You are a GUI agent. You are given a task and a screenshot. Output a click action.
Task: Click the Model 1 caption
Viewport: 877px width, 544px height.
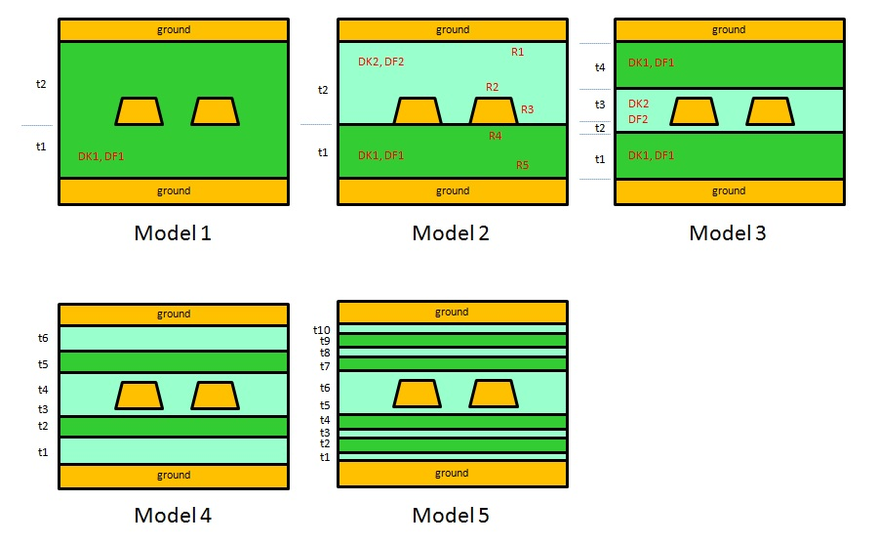pyautogui.click(x=173, y=232)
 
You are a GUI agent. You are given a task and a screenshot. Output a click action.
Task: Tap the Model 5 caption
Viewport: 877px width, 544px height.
pyautogui.click(x=451, y=515)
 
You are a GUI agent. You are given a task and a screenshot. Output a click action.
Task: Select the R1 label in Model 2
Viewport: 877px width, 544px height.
pyautogui.click(x=517, y=52)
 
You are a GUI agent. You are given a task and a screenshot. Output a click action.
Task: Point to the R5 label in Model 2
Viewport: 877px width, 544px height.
pyautogui.click(x=523, y=165)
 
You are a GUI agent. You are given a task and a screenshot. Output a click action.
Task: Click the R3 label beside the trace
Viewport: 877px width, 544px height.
pyautogui.click(x=528, y=109)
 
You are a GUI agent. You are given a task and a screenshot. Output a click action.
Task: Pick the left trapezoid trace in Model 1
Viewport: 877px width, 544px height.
pyautogui.click(x=139, y=111)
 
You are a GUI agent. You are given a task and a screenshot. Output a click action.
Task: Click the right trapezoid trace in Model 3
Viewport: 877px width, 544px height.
pyautogui.click(x=770, y=111)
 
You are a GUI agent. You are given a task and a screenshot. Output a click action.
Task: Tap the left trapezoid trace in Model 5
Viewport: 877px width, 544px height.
pyautogui.click(x=418, y=394)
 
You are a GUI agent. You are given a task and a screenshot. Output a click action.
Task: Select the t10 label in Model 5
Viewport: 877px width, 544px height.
pyautogui.click(x=322, y=330)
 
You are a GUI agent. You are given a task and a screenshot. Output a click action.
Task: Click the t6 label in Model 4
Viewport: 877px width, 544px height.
pyautogui.click(x=43, y=338)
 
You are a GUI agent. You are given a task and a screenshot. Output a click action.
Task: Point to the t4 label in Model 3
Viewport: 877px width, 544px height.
pyautogui.click(x=600, y=67)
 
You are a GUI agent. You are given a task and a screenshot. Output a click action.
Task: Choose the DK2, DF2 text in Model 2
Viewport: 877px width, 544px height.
pyautogui.click(x=380, y=62)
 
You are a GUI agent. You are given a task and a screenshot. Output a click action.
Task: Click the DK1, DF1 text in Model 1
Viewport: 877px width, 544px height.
pyautogui.click(x=101, y=156)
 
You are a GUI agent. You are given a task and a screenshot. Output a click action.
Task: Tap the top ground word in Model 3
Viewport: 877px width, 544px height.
pyautogui.click(x=729, y=29)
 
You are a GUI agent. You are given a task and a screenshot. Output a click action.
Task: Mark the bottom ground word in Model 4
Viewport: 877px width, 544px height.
pyautogui.click(x=174, y=475)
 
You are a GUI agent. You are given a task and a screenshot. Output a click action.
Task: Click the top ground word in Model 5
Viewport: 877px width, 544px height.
pyautogui.click(x=452, y=313)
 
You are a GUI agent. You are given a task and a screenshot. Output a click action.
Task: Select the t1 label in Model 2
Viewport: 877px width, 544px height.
pyautogui.click(x=323, y=152)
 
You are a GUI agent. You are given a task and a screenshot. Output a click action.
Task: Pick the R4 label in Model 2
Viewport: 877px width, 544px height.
pyautogui.click(x=495, y=136)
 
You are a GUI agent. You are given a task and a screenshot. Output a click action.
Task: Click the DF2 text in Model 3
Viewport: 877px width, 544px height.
pyautogui.click(x=638, y=119)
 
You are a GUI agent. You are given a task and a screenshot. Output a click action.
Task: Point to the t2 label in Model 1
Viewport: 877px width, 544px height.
pyautogui.click(x=41, y=84)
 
